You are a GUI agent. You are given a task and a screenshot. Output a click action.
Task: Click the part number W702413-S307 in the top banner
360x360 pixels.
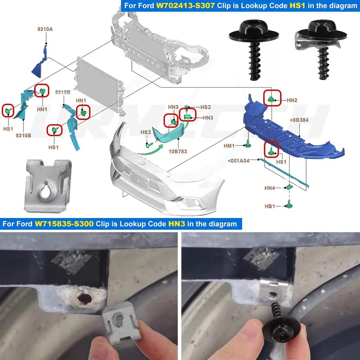tap(185, 6)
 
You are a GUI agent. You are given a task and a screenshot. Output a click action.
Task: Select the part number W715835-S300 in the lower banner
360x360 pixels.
tap(64, 224)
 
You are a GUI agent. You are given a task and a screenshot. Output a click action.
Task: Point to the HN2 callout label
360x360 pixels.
tap(292, 100)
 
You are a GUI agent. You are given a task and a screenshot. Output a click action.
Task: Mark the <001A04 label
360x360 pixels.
tap(238, 161)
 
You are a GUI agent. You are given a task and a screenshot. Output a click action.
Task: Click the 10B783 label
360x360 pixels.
tap(178, 152)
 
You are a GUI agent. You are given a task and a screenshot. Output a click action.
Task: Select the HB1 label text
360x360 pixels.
tap(270, 206)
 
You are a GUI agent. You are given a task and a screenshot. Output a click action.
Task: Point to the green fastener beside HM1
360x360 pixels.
tap(248, 143)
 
